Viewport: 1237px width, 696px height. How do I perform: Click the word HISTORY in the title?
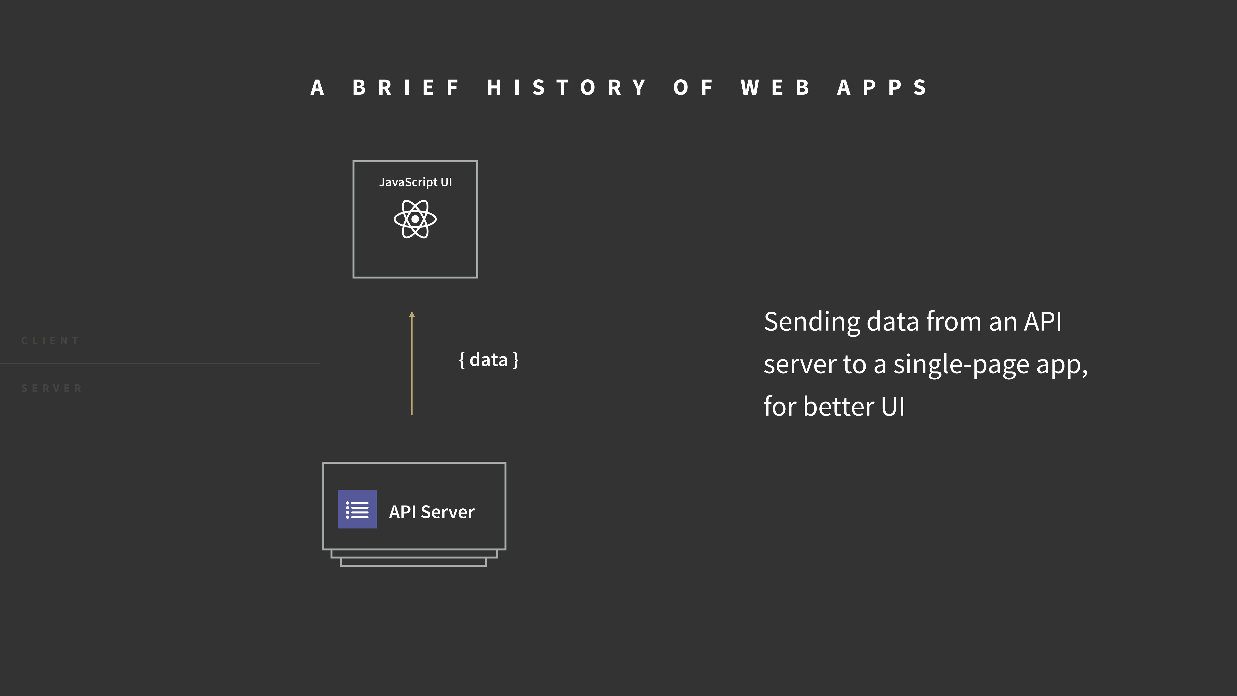pyautogui.click(x=567, y=88)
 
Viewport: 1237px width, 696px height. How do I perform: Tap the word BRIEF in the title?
pyautogui.click(x=406, y=88)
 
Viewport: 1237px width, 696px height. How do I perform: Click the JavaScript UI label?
pyautogui.click(x=415, y=182)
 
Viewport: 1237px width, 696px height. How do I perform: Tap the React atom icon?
pyautogui.click(x=415, y=219)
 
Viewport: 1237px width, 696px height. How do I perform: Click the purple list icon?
pyautogui.click(x=357, y=509)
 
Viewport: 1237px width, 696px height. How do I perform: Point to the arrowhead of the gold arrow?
pyautogui.click(x=412, y=315)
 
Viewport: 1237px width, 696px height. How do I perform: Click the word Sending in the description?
pyautogui.click(x=811, y=322)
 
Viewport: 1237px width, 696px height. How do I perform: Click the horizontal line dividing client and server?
pyautogui.click(x=160, y=364)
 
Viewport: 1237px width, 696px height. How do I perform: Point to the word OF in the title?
pyautogui.click(x=693, y=88)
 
